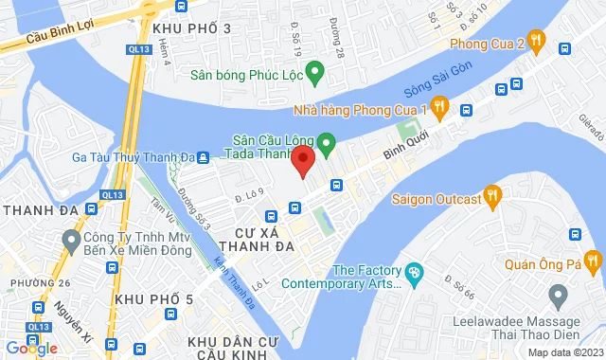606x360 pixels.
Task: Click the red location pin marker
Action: [x=302, y=160]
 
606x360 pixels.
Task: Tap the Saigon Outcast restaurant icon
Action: [x=491, y=197]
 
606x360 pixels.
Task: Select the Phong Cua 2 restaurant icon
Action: [x=537, y=41]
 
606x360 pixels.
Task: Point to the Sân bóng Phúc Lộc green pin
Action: [x=315, y=71]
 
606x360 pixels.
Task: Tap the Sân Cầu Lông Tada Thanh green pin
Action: [x=327, y=145]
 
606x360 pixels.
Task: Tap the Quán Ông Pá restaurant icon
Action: [x=593, y=259]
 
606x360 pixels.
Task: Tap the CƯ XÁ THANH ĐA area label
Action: [x=258, y=238]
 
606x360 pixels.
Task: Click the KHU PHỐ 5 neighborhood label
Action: [x=153, y=299]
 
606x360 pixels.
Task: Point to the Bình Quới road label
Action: [x=406, y=143]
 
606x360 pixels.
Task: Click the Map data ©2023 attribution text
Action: [x=564, y=352]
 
